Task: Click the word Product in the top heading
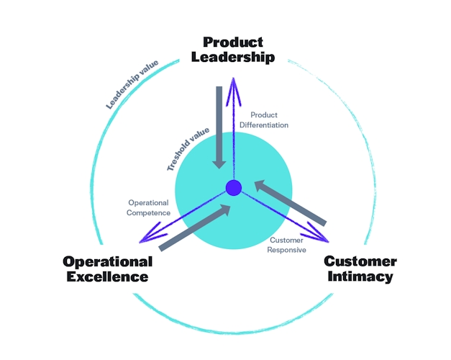point(232,42)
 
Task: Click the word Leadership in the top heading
point(232,58)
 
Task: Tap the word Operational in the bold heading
point(108,261)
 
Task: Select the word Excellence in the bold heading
point(108,276)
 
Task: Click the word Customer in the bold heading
point(360,261)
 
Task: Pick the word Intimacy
point(360,276)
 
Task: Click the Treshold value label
point(188,149)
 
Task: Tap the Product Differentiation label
point(268,120)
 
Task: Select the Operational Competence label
point(149,207)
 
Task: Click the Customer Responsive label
point(287,245)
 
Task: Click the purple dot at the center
point(233,188)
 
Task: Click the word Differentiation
point(268,125)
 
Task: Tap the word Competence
point(149,213)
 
